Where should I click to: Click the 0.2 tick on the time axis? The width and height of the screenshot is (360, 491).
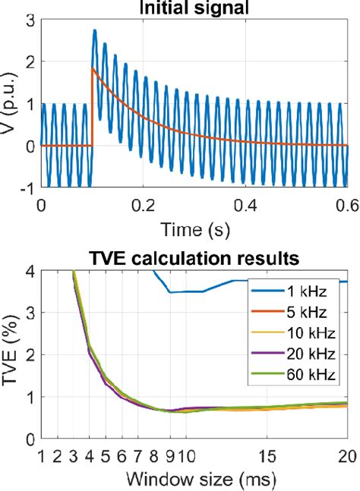pos(143,205)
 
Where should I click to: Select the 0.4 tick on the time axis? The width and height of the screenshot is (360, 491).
pos(245,205)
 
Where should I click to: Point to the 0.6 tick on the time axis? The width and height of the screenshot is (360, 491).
pos(346,205)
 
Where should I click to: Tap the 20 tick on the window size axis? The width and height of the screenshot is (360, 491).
pos(346,456)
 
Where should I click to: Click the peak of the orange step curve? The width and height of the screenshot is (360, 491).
pos(93,68)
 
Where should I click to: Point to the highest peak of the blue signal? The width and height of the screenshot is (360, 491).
pos(95,30)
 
